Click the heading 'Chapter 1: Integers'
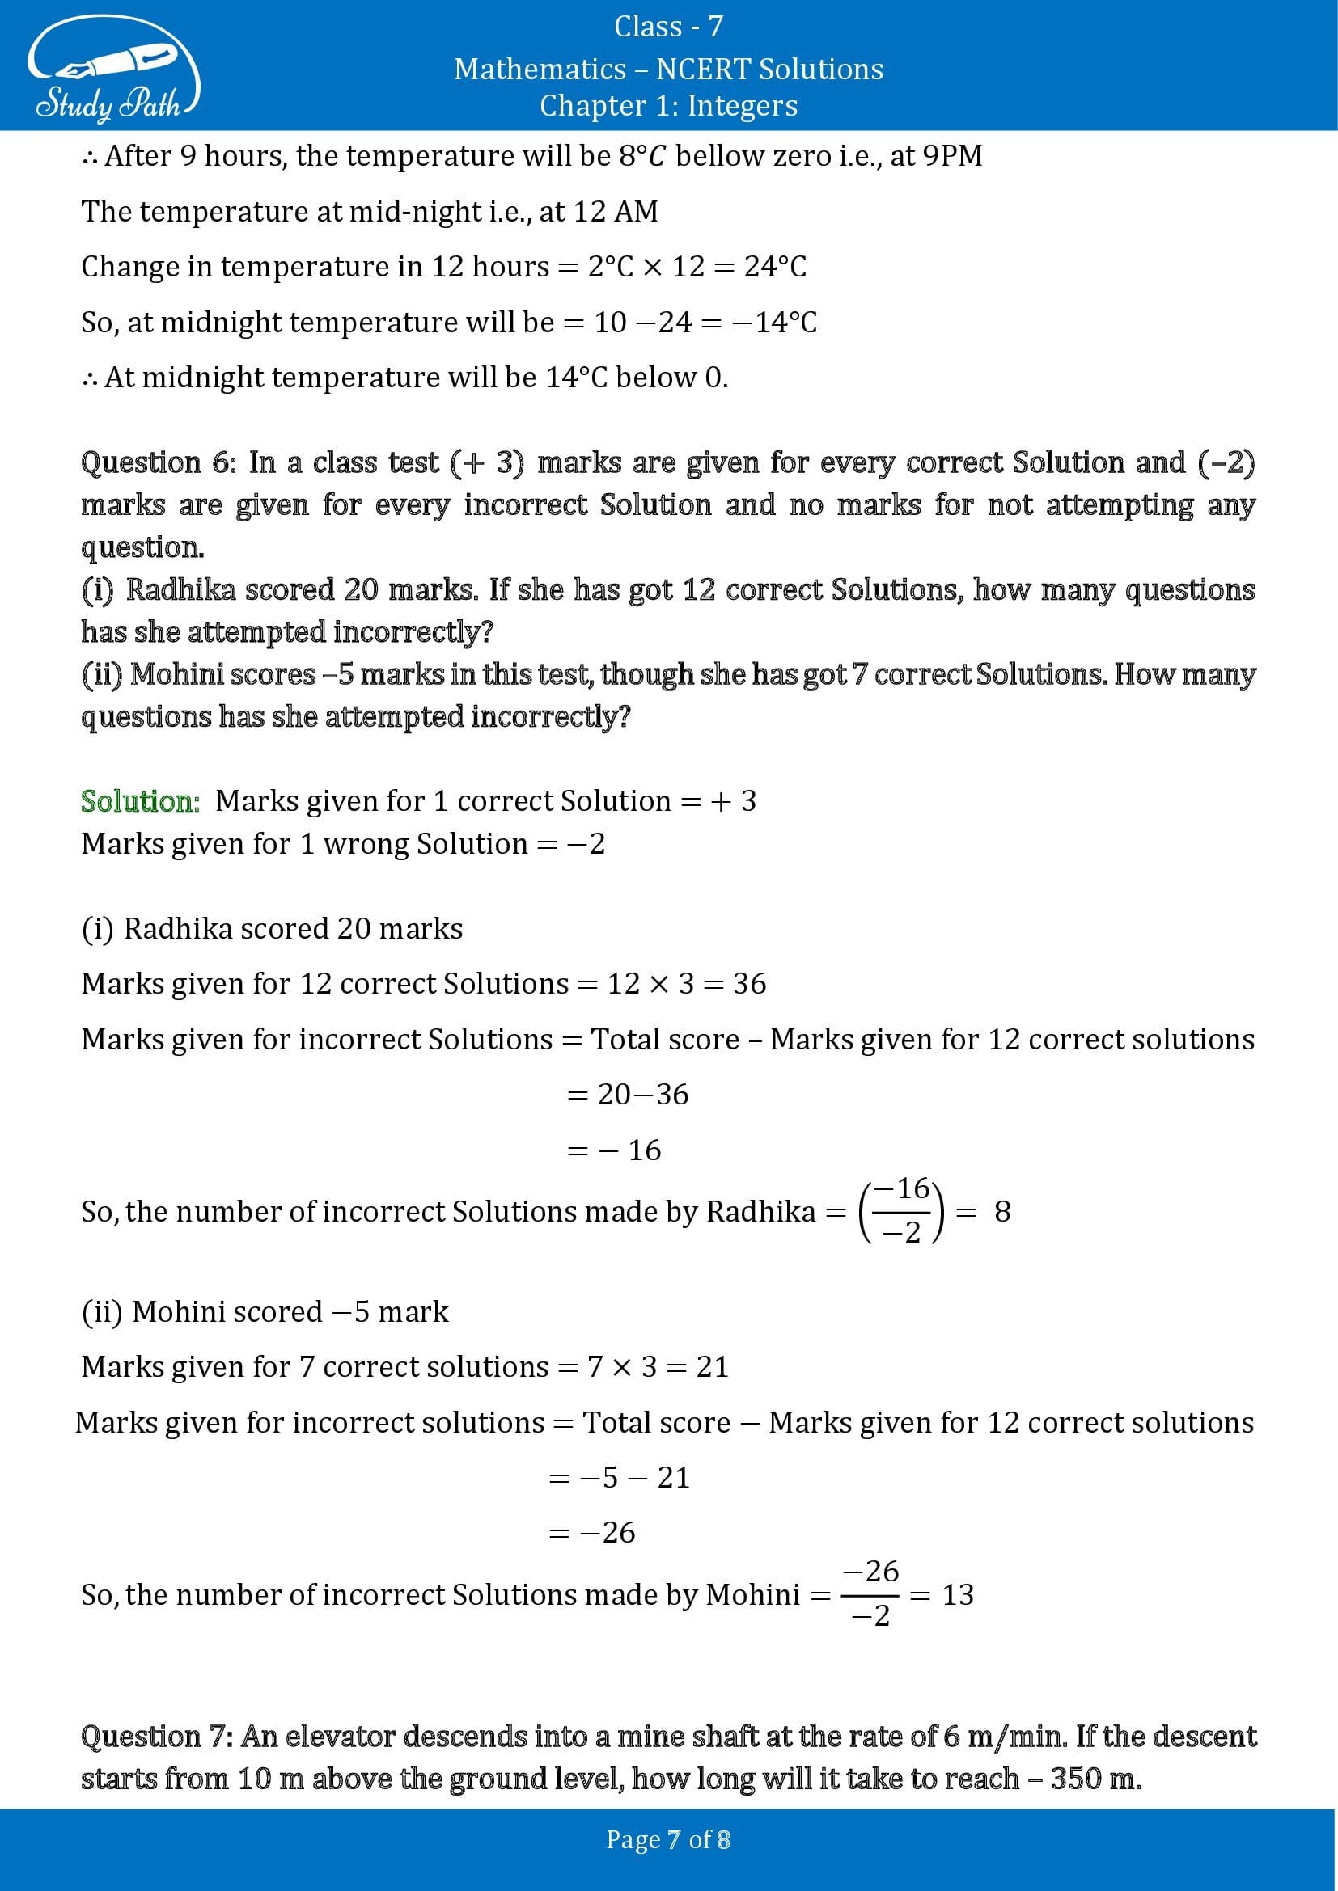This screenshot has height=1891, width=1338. tap(668, 105)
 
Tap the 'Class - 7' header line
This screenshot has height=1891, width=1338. tap(668, 27)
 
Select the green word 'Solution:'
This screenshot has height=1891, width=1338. tap(140, 801)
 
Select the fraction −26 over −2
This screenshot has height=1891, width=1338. tap(871, 1593)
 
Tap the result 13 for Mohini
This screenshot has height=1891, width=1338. tap(957, 1594)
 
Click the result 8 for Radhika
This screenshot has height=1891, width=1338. tap(1001, 1212)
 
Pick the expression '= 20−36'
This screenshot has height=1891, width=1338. tap(628, 1095)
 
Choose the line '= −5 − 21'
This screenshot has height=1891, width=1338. tap(619, 1478)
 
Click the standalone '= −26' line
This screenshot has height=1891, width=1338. tap(591, 1533)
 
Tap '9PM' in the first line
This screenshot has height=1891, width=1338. tap(952, 156)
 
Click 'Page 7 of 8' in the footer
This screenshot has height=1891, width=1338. tap(668, 1840)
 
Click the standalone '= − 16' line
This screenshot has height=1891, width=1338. tap(615, 1150)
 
